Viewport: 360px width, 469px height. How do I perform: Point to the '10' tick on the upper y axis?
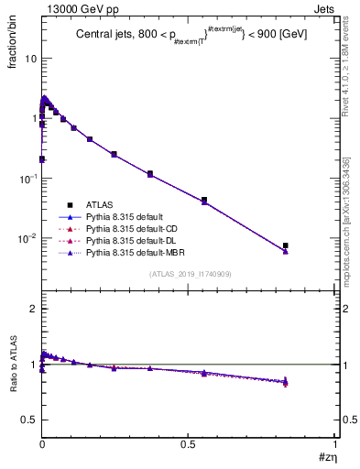[x=29, y=58]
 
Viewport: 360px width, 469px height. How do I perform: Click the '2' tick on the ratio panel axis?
[x=33, y=309]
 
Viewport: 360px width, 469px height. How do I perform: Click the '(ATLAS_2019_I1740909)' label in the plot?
[x=190, y=274]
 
